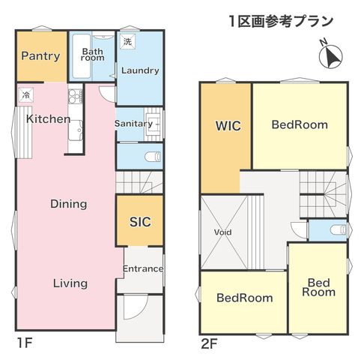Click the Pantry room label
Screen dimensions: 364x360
point(40,55)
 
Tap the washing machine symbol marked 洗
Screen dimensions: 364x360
point(127,40)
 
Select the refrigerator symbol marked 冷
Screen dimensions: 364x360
point(25,95)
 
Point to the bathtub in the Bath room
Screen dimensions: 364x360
point(81,56)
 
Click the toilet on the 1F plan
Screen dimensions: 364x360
point(153,156)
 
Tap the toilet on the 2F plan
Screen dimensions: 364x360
point(339,229)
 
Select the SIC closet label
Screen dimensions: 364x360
point(140,221)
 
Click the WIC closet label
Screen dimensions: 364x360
point(228,125)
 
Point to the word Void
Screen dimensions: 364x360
point(222,232)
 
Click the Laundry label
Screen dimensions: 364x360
point(140,70)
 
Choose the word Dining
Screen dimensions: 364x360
point(69,204)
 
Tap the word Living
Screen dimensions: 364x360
point(70,283)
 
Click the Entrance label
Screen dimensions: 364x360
point(143,268)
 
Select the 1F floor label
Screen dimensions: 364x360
point(24,343)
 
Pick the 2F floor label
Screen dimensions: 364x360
point(209,343)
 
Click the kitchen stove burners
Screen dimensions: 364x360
point(75,96)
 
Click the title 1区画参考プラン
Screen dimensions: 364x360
point(281,21)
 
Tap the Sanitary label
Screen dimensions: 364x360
point(133,124)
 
